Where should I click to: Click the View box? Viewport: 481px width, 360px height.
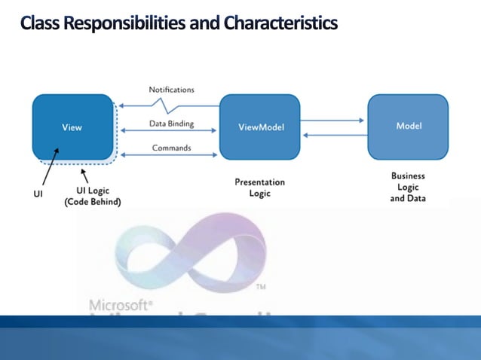[72, 127]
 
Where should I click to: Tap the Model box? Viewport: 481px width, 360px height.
[408, 125]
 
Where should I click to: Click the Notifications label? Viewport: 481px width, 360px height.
[171, 90]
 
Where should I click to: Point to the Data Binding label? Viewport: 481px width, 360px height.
[171, 124]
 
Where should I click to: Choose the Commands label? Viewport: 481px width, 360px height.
[171, 148]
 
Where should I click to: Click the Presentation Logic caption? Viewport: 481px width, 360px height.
[260, 188]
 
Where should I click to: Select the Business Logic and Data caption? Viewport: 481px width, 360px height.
[408, 187]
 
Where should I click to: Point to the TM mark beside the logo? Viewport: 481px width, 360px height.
[261, 288]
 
